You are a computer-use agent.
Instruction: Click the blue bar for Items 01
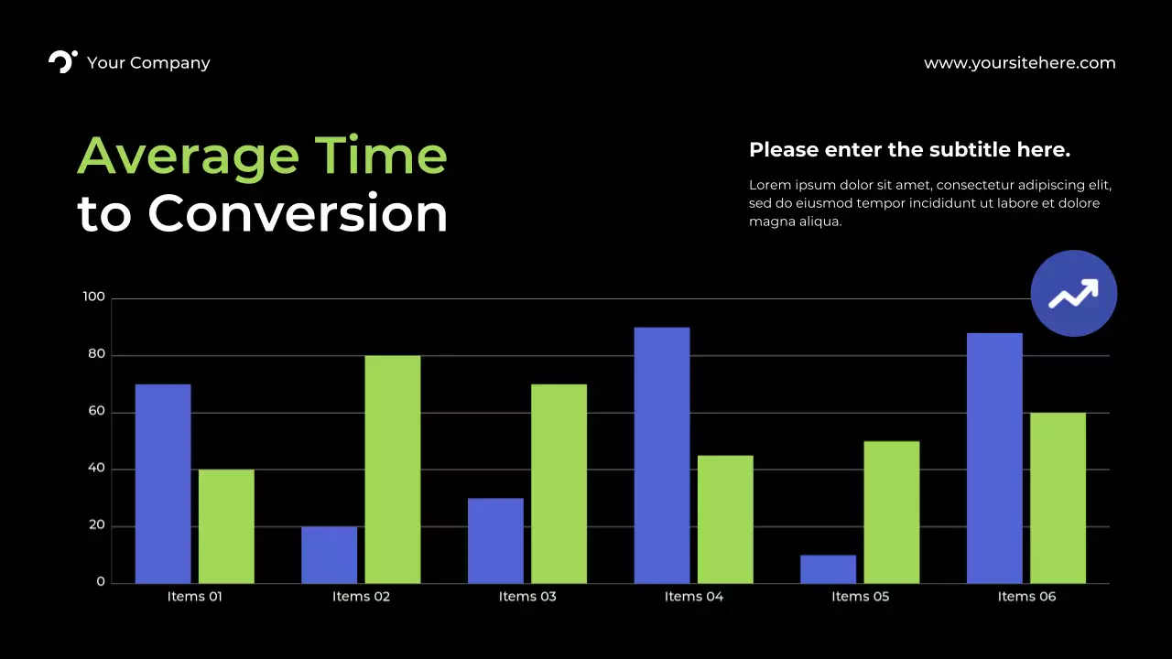163,483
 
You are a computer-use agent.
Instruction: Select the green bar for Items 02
393,469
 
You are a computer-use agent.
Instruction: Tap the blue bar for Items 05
828,568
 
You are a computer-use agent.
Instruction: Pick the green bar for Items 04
725,519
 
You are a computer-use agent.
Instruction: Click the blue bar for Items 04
662,455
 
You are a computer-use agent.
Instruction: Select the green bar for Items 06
1058,497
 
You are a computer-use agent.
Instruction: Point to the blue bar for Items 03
495,540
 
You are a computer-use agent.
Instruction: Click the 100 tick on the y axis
94,297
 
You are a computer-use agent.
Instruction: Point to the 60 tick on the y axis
96,412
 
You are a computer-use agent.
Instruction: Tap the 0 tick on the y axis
101,582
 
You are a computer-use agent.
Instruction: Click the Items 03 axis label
527,597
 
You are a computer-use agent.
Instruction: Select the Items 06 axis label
1026,597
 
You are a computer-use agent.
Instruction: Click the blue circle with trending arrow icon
1073,294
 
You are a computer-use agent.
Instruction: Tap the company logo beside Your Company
62,61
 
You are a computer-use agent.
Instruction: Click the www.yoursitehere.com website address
1019,63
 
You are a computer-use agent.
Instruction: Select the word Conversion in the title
298,213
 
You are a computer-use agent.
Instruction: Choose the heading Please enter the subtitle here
909,149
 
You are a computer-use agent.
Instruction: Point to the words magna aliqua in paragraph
794,221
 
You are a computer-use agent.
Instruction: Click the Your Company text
148,63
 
